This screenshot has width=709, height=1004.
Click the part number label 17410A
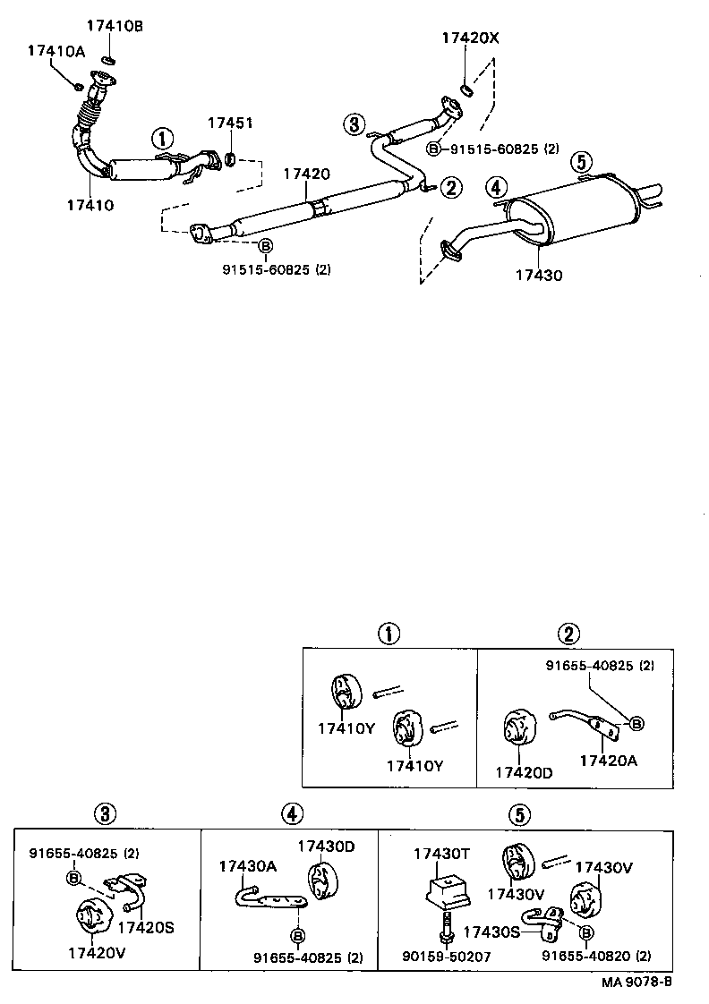coord(56,51)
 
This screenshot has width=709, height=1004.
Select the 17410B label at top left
coord(115,26)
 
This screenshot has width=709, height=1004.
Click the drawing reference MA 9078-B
coord(636,982)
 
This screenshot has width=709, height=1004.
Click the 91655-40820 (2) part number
coord(596,956)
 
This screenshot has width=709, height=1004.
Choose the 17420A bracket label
coord(610,761)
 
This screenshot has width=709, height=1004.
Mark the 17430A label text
coord(249,865)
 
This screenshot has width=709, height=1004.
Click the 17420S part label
coord(145,927)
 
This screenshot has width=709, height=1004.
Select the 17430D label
coord(326,846)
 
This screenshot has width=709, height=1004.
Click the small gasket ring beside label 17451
coord(229,160)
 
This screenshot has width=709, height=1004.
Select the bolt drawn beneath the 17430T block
coord(444,925)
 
